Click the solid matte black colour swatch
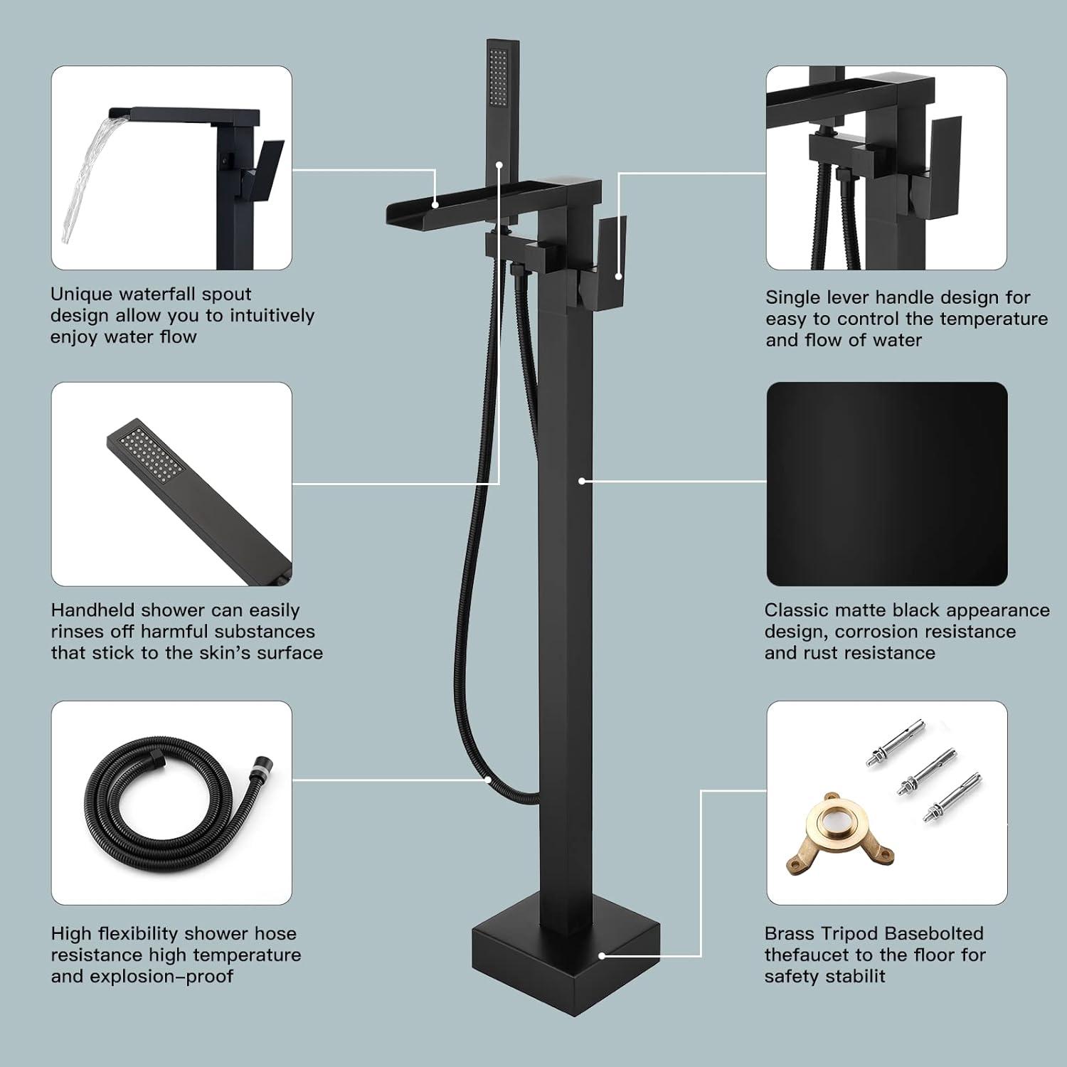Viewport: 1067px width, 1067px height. click(x=886, y=484)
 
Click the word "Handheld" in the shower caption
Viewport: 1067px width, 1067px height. click(x=93, y=610)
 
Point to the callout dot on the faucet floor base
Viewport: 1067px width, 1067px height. click(x=602, y=957)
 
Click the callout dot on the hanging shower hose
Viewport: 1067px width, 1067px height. click(x=488, y=780)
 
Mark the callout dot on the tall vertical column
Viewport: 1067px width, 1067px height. click(x=582, y=482)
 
